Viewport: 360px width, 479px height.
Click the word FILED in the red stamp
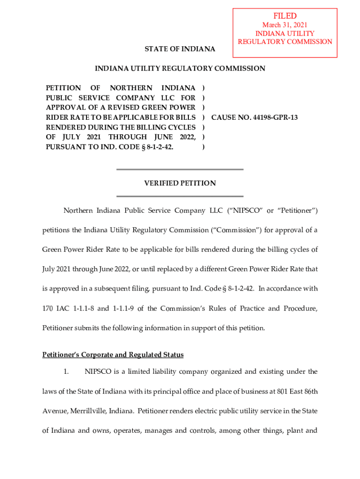pos(285,16)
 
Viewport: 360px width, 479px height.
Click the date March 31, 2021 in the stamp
pos(285,25)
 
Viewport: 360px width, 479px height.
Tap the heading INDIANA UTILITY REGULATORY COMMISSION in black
pos(180,69)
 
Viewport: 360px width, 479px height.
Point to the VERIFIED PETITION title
pos(180,183)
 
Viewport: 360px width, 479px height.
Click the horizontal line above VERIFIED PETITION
pos(180,169)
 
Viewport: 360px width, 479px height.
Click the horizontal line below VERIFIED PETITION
pos(180,196)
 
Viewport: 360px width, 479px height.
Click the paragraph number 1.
pos(66,372)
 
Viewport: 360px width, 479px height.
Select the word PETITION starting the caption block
pos(63,88)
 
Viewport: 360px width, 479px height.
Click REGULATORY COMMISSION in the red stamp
pos(285,42)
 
